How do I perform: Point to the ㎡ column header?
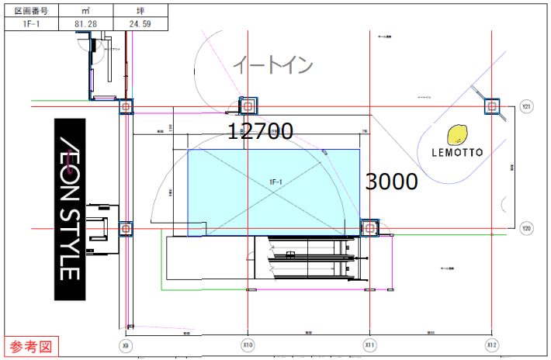pos(85,11)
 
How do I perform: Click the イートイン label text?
pos(273,65)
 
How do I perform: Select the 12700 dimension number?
pos(260,132)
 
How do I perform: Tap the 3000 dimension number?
pos(391,182)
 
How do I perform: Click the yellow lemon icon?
pos(458,135)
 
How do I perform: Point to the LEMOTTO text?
pos(458,153)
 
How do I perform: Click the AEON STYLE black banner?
pos(69,209)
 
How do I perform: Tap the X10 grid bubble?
pos(248,344)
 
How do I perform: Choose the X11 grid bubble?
pos(369,344)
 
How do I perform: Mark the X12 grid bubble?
pos(490,344)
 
